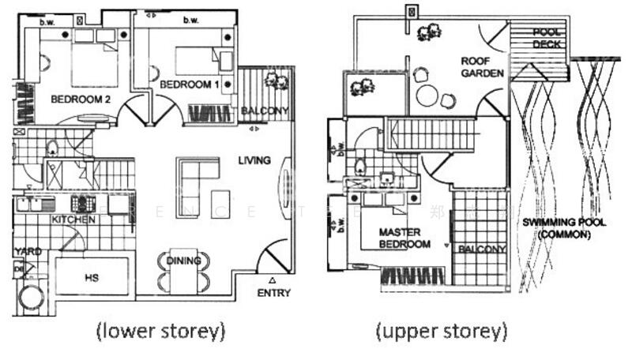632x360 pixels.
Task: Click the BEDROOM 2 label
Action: pos(80,99)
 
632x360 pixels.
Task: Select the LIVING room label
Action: pos(254,160)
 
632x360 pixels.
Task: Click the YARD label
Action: pos(26,252)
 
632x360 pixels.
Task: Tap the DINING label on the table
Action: pos(183,261)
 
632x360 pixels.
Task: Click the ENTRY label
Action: pos(273,293)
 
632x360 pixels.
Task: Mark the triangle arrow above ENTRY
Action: pos(273,280)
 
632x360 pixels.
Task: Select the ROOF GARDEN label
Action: pos(482,67)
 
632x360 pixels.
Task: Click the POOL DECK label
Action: pos(547,39)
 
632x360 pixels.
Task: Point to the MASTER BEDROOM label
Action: pos(404,238)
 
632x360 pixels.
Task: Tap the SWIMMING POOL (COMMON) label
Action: pos(564,228)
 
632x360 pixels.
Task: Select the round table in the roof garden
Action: pos(427,96)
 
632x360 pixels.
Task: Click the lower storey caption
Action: pos(161,330)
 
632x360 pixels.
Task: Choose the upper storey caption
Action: pos(442,330)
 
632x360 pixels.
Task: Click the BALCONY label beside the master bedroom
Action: pos(481,250)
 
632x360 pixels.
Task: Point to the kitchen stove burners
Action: pos(84,203)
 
